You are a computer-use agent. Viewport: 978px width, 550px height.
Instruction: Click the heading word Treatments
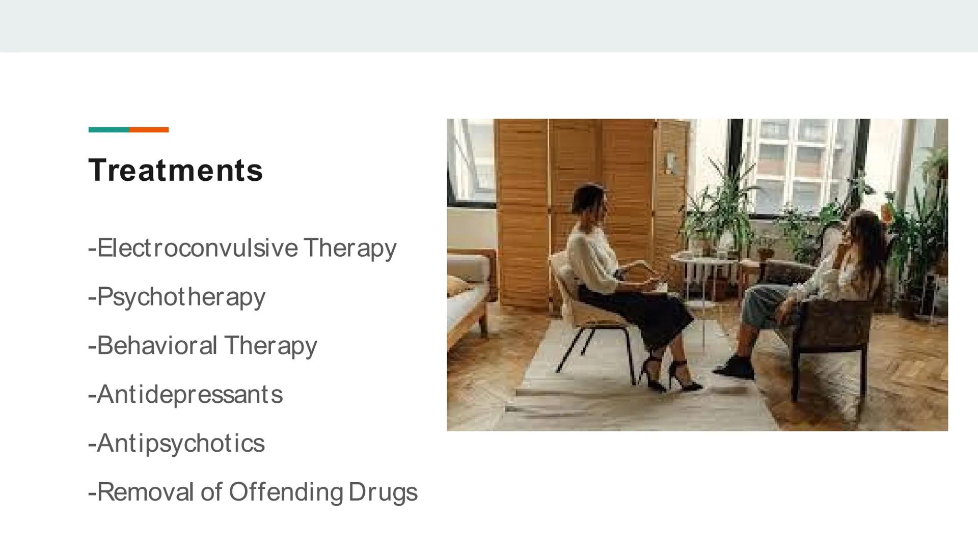(x=176, y=170)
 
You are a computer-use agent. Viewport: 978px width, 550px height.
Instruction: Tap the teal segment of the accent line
(x=108, y=130)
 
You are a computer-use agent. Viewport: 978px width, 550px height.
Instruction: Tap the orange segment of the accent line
(x=149, y=130)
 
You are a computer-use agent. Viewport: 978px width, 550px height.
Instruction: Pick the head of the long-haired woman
(x=866, y=229)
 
